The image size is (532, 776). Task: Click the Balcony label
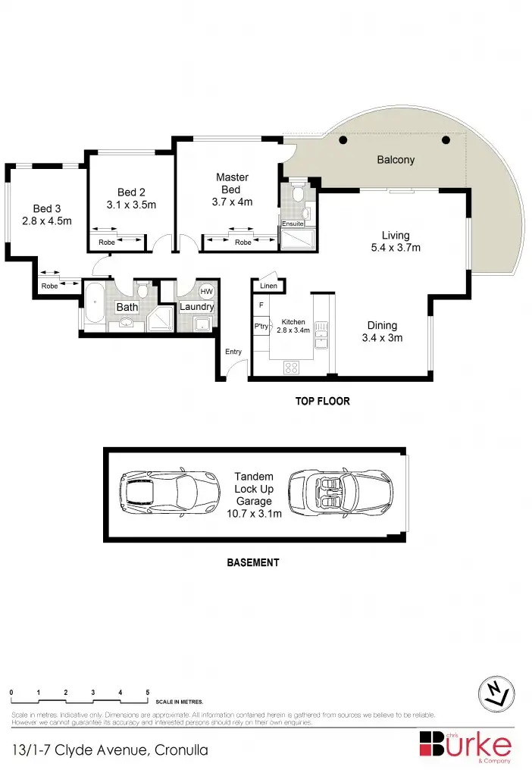tap(396, 160)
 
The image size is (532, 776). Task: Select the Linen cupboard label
tap(268, 286)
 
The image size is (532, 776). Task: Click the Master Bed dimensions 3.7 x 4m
tap(232, 202)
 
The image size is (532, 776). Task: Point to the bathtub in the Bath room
tap(94, 306)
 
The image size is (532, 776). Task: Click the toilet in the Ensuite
tap(299, 194)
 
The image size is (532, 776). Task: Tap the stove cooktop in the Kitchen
tap(291, 368)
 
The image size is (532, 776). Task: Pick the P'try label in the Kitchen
tap(261, 327)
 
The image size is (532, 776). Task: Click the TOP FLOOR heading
tap(322, 401)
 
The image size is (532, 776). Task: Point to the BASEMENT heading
tap(253, 563)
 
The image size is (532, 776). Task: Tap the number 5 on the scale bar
tap(147, 693)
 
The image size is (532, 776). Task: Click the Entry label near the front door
tap(233, 352)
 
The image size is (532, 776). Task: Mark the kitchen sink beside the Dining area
tap(321, 333)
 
